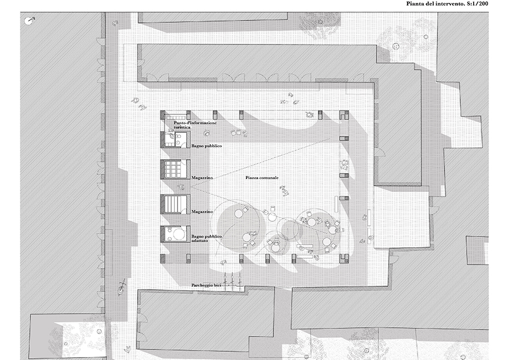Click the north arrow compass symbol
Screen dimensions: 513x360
[29, 21]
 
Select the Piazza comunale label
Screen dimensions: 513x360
[262, 177]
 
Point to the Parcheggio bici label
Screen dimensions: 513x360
[206, 286]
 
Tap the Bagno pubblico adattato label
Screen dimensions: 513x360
[207, 238]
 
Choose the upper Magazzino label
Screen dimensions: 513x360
[202, 177]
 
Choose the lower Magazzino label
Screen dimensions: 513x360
[202, 212]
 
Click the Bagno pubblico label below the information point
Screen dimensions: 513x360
[207, 146]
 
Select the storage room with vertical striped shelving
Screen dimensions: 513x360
[175, 204]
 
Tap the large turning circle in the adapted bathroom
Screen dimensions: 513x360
[178, 234]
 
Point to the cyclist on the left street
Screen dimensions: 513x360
[121, 287]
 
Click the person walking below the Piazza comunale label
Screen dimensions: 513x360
[285, 190]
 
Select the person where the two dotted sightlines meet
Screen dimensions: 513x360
[181, 187]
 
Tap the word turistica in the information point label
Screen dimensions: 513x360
[182, 127]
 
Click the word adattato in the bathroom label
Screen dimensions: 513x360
[200, 241]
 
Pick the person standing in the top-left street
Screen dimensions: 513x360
[115, 23]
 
